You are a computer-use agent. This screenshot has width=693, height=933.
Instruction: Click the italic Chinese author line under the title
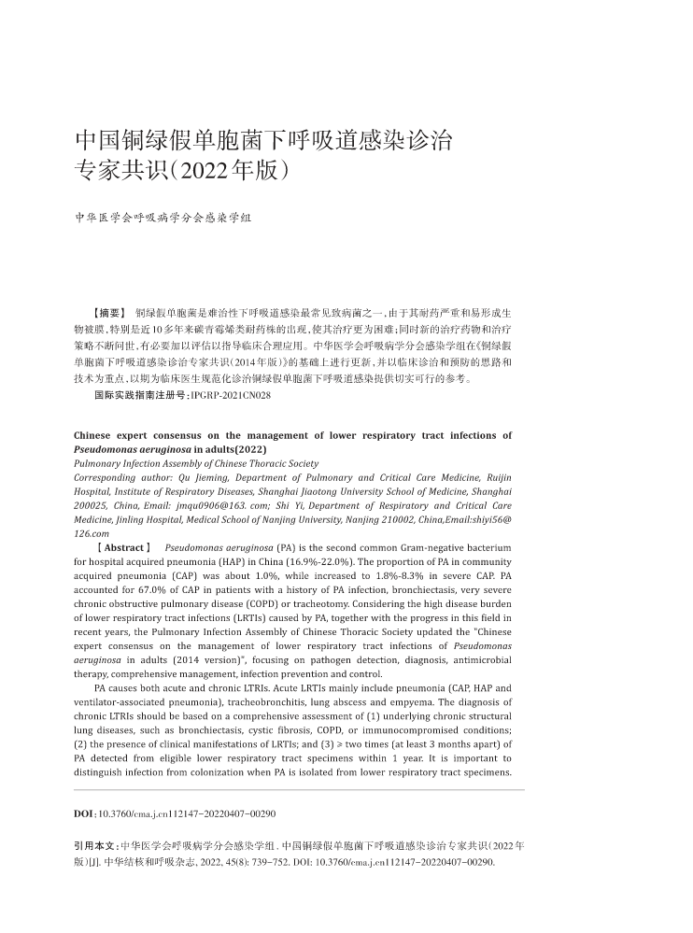coord(163,218)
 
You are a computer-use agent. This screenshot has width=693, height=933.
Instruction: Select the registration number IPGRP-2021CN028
coord(230,396)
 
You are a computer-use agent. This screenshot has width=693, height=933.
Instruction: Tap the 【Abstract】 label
coord(122,547)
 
